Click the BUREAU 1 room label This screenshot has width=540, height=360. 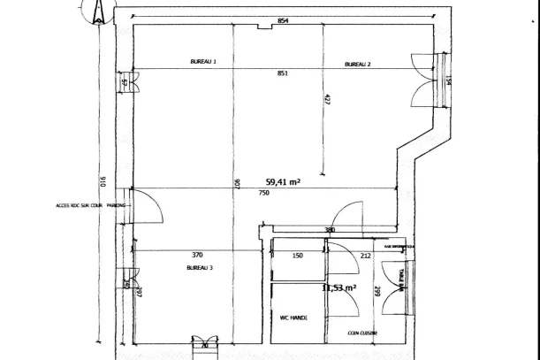[203, 62]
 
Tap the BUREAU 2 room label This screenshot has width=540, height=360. [357, 65]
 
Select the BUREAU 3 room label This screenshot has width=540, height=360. [198, 267]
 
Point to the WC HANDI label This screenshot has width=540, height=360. [293, 317]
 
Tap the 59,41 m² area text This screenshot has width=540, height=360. [283, 182]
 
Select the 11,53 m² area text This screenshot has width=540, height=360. [338, 288]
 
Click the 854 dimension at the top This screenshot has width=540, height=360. [282, 19]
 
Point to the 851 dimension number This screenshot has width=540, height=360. [282, 74]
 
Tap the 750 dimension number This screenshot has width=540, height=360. [264, 193]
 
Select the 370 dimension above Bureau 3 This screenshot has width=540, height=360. [198, 255]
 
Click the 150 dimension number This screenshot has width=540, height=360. [298, 256]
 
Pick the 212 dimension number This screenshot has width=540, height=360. [365, 256]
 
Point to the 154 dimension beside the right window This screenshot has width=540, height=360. [448, 81]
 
